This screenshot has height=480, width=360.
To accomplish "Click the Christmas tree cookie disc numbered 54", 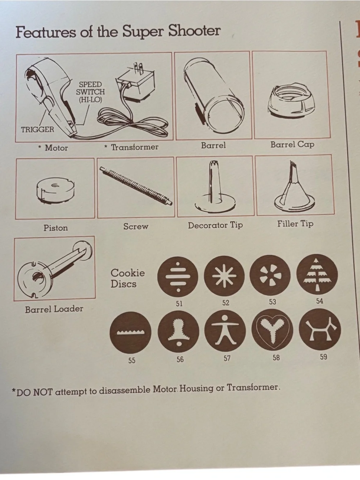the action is [x=317, y=274].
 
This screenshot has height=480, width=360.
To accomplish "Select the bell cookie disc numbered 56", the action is [x=179, y=332].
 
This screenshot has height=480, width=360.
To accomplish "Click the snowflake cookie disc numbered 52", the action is [x=224, y=276].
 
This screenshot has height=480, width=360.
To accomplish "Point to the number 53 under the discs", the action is [x=273, y=302].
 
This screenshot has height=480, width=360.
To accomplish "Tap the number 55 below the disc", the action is [x=132, y=360].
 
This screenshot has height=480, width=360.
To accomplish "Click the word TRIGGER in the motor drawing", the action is [x=37, y=130].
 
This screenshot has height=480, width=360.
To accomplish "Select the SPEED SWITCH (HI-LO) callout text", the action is [x=90, y=92].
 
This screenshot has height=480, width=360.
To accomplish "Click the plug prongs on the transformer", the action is [x=138, y=68].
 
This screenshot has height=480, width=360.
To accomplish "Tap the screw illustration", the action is [x=136, y=186].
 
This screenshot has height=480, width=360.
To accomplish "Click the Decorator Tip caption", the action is [x=215, y=225].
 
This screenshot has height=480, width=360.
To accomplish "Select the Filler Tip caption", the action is [x=295, y=224].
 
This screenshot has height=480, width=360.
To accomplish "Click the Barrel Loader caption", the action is [x=54, y=309].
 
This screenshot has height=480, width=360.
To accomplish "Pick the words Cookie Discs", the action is [x=128, y=278].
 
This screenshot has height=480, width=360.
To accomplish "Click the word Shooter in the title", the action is [x=194, y=31].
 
